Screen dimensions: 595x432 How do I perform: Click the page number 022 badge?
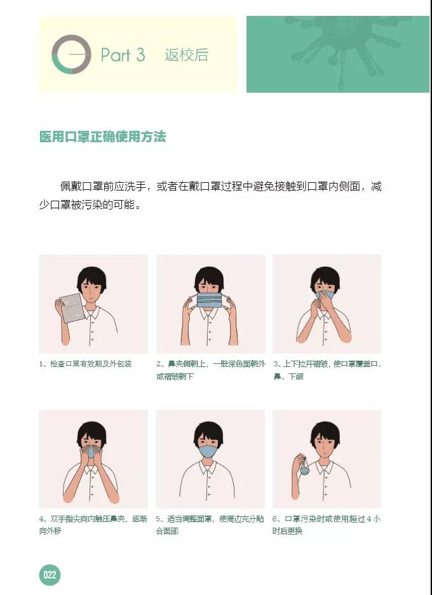(50, 575)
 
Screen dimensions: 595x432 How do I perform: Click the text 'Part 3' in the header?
(123, 55)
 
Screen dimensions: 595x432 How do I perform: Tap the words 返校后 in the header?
(186, 55)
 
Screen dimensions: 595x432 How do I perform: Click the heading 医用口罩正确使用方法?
(102, 137)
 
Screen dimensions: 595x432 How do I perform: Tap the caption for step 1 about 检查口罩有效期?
(85, 364)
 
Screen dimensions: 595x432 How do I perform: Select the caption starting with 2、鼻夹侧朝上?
(210, 370)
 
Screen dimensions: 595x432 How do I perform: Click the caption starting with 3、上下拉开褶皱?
(327, 370)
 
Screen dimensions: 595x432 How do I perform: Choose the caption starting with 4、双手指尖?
(93, 525)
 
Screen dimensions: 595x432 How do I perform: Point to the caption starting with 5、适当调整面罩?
(210, 525)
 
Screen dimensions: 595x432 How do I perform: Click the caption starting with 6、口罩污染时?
(327, 525)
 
